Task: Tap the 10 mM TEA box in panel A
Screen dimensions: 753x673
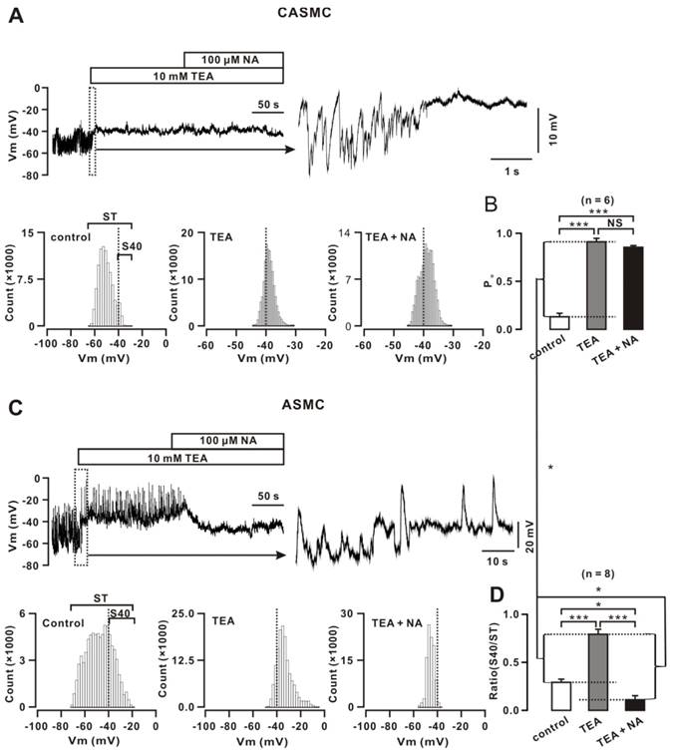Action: click(x=186, y=76)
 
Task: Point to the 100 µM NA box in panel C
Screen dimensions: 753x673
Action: click(x=227, y=441)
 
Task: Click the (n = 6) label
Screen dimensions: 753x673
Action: click(x=595, y=197)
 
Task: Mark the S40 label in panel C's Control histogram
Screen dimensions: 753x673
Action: click(x=121, y=613)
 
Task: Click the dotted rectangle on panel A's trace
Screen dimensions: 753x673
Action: click(x=93, y=131)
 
